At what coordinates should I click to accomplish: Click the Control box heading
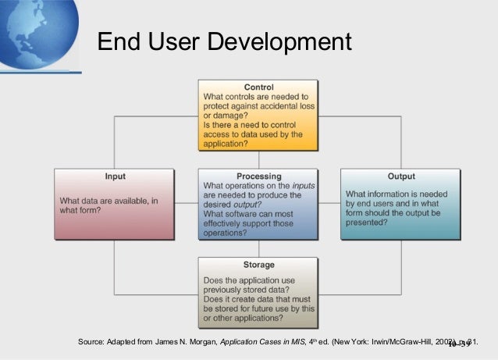258,86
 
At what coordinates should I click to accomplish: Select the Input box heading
115,176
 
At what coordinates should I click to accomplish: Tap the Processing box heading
258,176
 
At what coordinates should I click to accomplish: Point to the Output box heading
401,176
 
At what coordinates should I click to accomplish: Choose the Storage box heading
258,265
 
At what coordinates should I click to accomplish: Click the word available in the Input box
126,201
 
